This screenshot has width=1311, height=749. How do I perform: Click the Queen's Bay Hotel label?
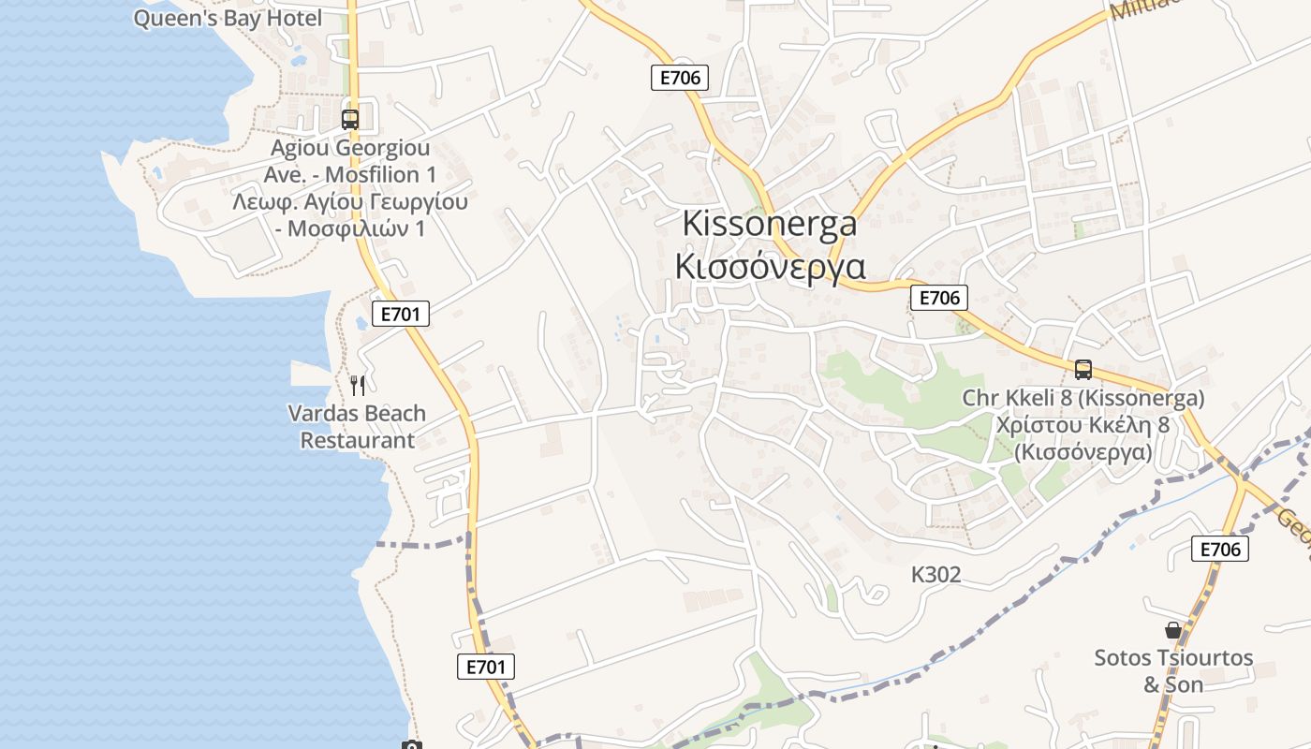click(228, 18)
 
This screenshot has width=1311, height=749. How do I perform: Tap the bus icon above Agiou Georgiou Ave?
click(350, 120)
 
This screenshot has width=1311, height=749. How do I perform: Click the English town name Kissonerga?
click(770, 224)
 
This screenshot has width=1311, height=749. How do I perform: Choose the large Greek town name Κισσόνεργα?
click(770, 266)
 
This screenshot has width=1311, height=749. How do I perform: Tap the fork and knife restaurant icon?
click(357, 386)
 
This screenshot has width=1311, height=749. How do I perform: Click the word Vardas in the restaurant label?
click(324, 414)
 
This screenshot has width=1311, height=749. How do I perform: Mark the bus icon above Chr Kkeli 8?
click(1083, 370)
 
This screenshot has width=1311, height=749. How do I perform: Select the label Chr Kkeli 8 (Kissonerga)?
click(1083, 399)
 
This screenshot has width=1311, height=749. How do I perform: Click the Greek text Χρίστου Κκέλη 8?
click(1083, 425)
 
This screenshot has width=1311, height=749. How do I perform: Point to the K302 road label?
click(935, 575)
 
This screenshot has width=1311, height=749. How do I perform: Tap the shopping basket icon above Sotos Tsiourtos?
click(1172, 630)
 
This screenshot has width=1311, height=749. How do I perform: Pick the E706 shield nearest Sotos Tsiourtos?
click(1220, 549)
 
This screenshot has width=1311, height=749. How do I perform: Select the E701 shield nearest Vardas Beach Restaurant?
click(401, 314)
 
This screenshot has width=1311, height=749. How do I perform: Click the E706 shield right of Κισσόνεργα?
click(939, 298)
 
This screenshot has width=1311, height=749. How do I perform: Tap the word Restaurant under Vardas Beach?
click(357, 440)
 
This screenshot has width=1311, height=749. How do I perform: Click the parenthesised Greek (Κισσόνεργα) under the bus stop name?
click(1083, 452)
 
